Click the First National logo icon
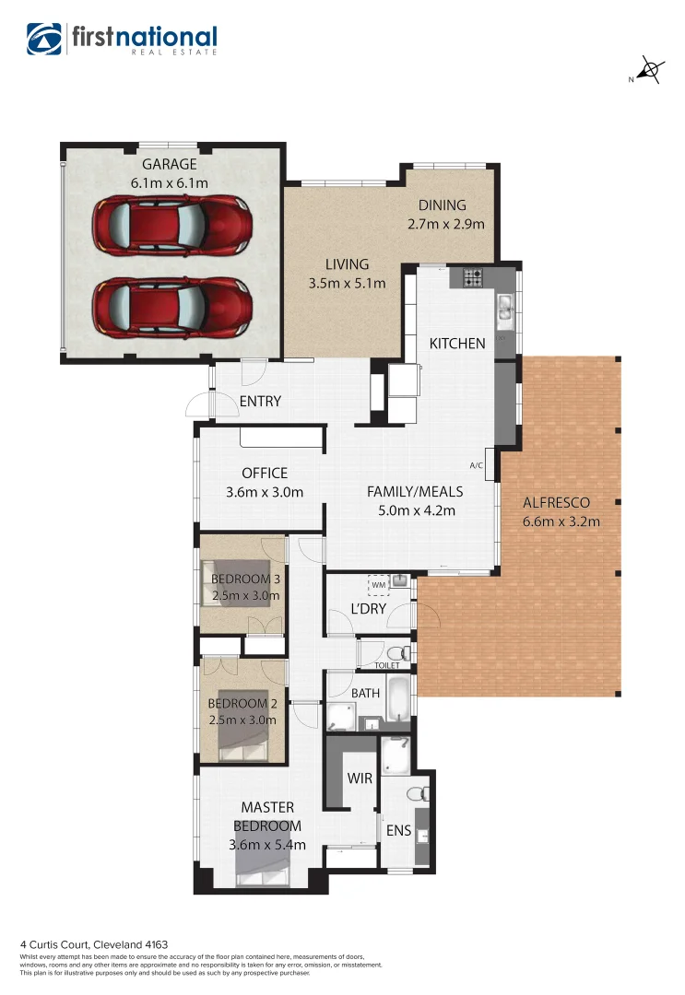(43, 40)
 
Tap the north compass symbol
(651, 70)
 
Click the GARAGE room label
(169, 165)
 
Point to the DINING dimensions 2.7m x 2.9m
(445, 224)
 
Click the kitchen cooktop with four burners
(473, 276)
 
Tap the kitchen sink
(504, 310)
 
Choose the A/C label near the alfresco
(477, 466)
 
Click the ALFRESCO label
(556, 503)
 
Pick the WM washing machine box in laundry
(378, 584)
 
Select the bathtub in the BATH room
(396, 700)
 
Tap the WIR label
(360, 778)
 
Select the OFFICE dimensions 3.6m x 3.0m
(265, 493)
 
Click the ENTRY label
(260, 402)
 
